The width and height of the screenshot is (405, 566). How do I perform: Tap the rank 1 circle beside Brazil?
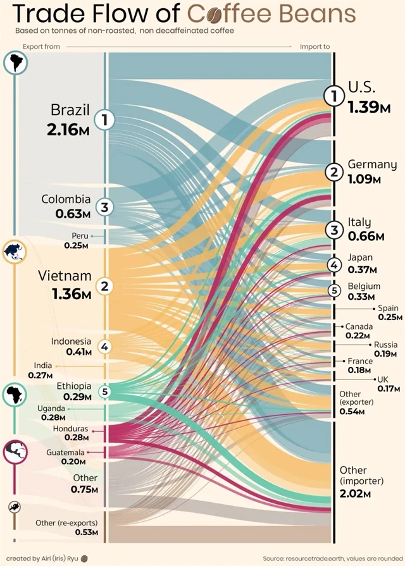pyautogui.click(x=105, y=119)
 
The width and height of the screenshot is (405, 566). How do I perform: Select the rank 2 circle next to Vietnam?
pyautogui.click(x=105, y=286)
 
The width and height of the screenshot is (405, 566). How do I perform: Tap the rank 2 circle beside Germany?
pyautogui.click(x=333, y=171)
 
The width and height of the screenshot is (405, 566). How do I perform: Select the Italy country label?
pyautogui.click(x=359, y=222)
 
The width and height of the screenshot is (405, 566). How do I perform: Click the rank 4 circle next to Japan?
pyautogui.click(x=333, y=265)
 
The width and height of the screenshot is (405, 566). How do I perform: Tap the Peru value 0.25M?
pyautogui.click(x=76, y=246)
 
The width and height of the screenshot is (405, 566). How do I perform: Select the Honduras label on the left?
pyautogui.click(x=71, y=429)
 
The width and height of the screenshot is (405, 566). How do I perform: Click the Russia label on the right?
pyautogui.click(x=385, y=345)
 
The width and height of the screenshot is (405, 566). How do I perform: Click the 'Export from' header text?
pyautogui.click(x=42, y=46)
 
